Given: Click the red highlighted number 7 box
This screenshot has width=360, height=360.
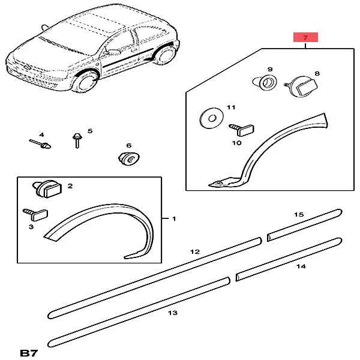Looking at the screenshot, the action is click(305, 37).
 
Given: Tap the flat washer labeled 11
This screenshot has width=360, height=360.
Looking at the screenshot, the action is click(211, 118).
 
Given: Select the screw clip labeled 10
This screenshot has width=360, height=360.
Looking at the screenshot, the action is click(242, 130).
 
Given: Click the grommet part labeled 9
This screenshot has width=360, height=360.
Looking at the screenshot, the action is click(265, 83).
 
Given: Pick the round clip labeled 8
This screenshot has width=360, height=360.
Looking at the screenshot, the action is click(302, 86).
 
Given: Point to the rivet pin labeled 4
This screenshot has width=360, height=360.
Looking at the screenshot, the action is click(40, 144).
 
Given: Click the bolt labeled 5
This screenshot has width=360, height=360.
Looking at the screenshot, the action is click(77, 140).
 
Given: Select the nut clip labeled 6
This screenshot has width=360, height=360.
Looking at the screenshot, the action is click(128, 158).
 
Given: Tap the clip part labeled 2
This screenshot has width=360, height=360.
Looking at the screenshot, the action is click(47, 189).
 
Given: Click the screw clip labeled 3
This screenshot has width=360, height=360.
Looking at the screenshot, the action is click(35, 214).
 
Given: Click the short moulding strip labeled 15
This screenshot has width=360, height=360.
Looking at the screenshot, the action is click(304, 225).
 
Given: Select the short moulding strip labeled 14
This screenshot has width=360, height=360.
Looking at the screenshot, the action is click(289, 259).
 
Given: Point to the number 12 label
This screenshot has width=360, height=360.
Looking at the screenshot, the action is click(195, 252).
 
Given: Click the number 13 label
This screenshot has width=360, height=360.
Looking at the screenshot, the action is click(173, 313).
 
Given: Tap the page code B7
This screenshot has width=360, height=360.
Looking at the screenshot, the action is click(29, 353).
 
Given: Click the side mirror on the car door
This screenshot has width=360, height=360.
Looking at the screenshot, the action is click(113, 52).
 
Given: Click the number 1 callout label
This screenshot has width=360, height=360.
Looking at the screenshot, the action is click(174, 218).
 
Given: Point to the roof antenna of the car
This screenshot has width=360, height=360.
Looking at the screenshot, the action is click(44, 27).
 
